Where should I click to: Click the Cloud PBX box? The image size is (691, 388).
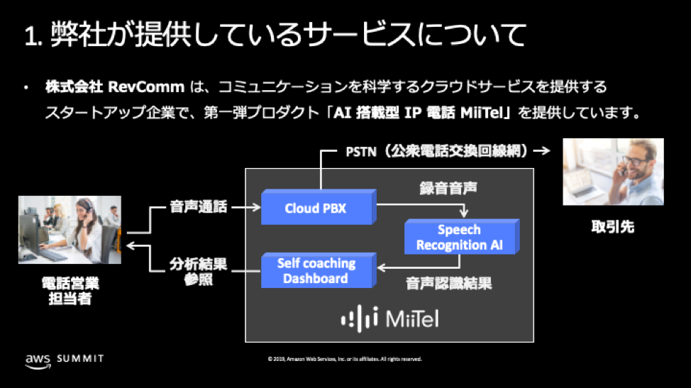pyautogui.click(x=316, y=207)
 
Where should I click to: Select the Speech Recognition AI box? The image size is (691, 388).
pyautogui.click(x=458, y=238)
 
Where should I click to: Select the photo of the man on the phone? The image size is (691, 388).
pyautogui.click(x=613, y=172)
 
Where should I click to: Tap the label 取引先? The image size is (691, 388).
pyautogui.click(x=613, y=227)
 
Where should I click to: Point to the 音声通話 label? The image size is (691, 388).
pyautogui.click(x=198, y=207)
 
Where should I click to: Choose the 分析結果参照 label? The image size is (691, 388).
pyautogui.click(x=198, y=272)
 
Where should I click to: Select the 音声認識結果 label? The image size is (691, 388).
pyautogui.click(x=449, y=284)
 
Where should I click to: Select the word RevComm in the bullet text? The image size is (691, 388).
pyautogui.click(x=148, y=87)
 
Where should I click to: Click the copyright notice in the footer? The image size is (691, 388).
pyautogui.click(x=345, y=359)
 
